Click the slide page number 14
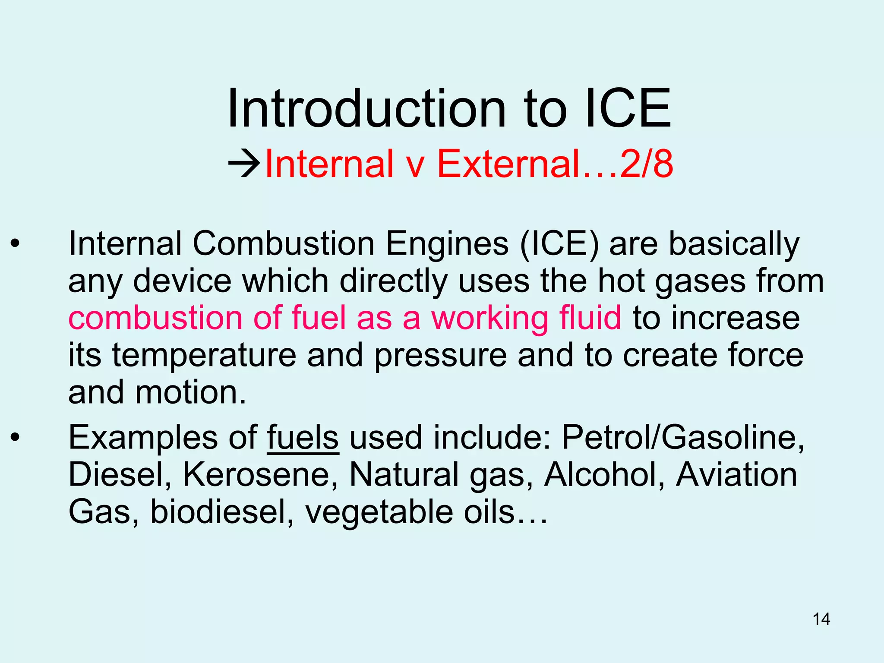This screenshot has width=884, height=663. click(x=821, y=619)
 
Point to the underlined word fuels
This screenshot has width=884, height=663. click(x=303, y=438)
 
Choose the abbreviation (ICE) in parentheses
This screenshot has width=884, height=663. click(x=559, y=244)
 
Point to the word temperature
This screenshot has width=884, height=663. click(x=204, y=356)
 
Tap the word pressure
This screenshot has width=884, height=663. click(x=440, y=356)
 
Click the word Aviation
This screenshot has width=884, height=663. click(x=736, y=475)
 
